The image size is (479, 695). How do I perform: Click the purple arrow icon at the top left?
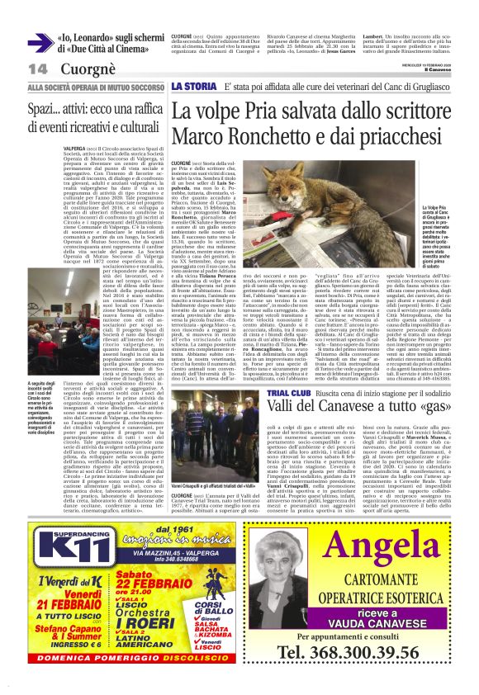coord(40,43)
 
